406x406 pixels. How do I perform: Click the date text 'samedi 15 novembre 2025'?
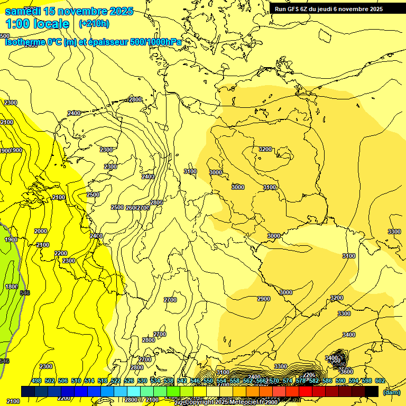pos(69,11)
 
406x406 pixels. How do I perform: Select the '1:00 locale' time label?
pos(37,24)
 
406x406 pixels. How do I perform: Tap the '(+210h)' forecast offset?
pos(94,23)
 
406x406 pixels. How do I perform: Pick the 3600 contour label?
pos(346,372)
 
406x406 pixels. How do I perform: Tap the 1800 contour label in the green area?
pos(11,287)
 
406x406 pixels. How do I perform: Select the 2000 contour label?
pos(40,231)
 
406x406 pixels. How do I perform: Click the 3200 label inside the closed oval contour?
pos(265,149)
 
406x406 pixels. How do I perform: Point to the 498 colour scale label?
pos(36,381)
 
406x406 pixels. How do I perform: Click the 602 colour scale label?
pos(380,381)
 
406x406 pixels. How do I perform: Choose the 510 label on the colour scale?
pos(76,381)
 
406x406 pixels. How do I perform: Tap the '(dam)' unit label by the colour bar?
pos(392,392)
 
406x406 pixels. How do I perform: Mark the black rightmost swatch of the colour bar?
pos(372,391)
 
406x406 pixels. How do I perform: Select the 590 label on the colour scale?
pos(340,381)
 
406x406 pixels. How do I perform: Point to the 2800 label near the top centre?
pos(135,99)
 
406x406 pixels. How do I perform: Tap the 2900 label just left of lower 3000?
pos(264,299)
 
